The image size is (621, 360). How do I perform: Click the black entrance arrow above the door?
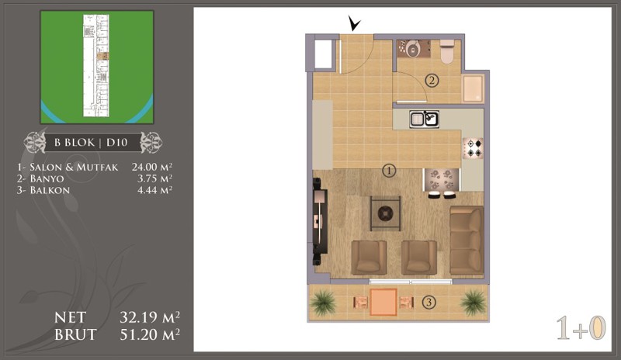coord(354,23)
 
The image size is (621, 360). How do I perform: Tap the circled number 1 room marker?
coord(390,171)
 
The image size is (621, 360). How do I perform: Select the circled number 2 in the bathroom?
coord(432,81)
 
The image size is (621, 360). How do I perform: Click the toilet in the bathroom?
coord(447,51)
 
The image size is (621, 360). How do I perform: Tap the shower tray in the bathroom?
coord(474,88)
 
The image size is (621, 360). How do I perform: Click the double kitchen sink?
coord(424,119)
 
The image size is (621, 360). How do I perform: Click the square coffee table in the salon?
coord(385,213)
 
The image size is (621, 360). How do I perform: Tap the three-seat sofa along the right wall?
coord(467,241)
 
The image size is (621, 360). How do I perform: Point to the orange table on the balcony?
coord(383,302)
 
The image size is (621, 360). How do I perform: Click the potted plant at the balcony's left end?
coord(323,303)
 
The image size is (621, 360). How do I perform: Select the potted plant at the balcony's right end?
coord(474,303)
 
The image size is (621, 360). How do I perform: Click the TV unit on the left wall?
coord(320,221)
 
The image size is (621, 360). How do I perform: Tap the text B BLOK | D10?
coord(91,142)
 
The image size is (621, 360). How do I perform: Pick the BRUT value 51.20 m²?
coord(150,334)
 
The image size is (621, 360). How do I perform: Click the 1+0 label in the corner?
coord(581,328)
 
